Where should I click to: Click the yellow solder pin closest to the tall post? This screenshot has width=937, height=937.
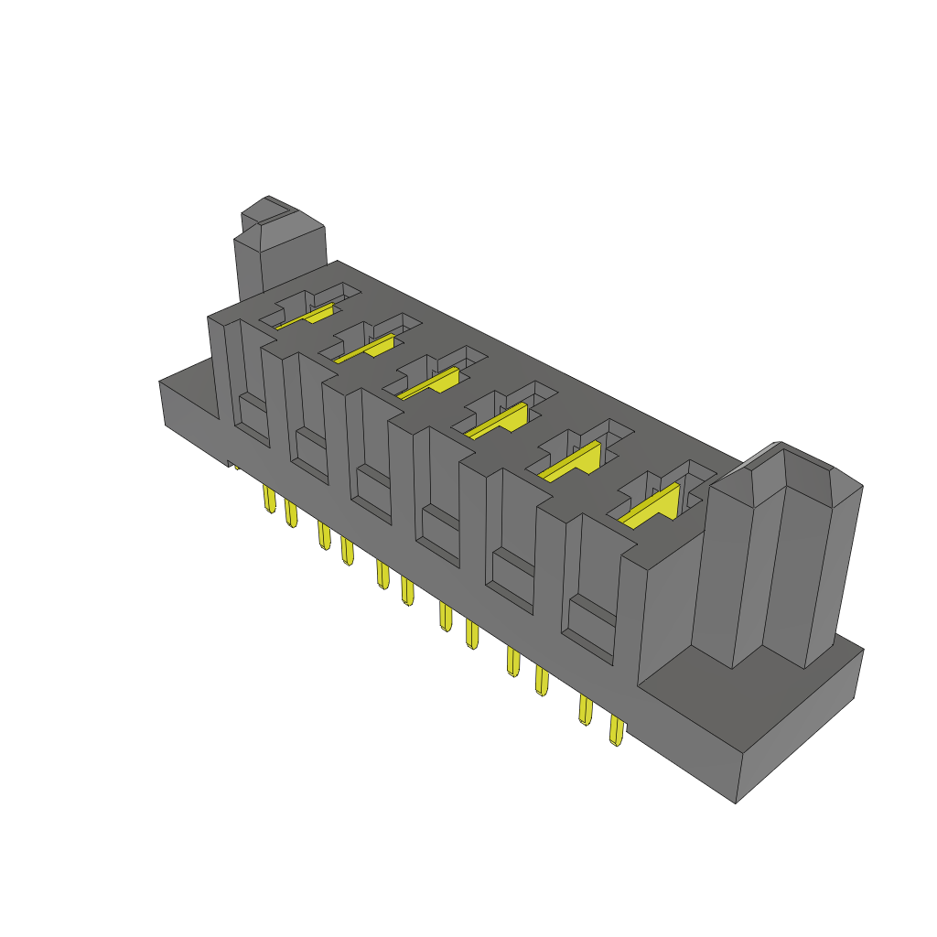point(616,731)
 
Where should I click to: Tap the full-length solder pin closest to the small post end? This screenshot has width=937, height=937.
point(268,500)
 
